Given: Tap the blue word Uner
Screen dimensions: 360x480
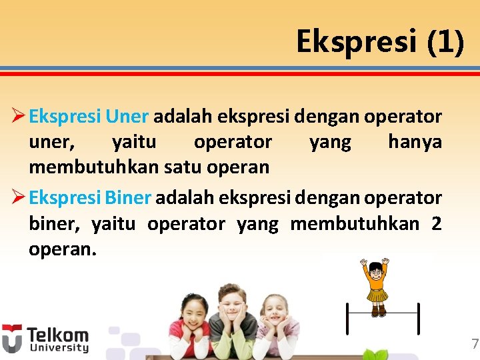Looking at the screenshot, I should coord(127,117).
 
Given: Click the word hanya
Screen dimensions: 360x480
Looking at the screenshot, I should coord(415,142).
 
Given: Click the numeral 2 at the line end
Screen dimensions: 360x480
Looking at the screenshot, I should coord(436,223).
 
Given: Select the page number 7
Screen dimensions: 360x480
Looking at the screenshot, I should coord(474,345).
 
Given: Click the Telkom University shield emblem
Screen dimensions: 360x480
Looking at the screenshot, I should coord(11,339).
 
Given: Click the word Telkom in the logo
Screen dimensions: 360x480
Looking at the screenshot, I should coord(57,335).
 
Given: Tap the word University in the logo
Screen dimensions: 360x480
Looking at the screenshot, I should coord(57,348).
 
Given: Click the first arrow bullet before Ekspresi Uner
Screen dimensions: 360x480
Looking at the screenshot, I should coord(17,117).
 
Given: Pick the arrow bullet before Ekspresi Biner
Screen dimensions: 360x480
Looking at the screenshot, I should coord(17,199).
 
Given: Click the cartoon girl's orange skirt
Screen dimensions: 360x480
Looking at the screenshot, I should coord(378,295).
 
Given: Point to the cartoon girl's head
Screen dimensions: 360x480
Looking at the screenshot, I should coord(377,270).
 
